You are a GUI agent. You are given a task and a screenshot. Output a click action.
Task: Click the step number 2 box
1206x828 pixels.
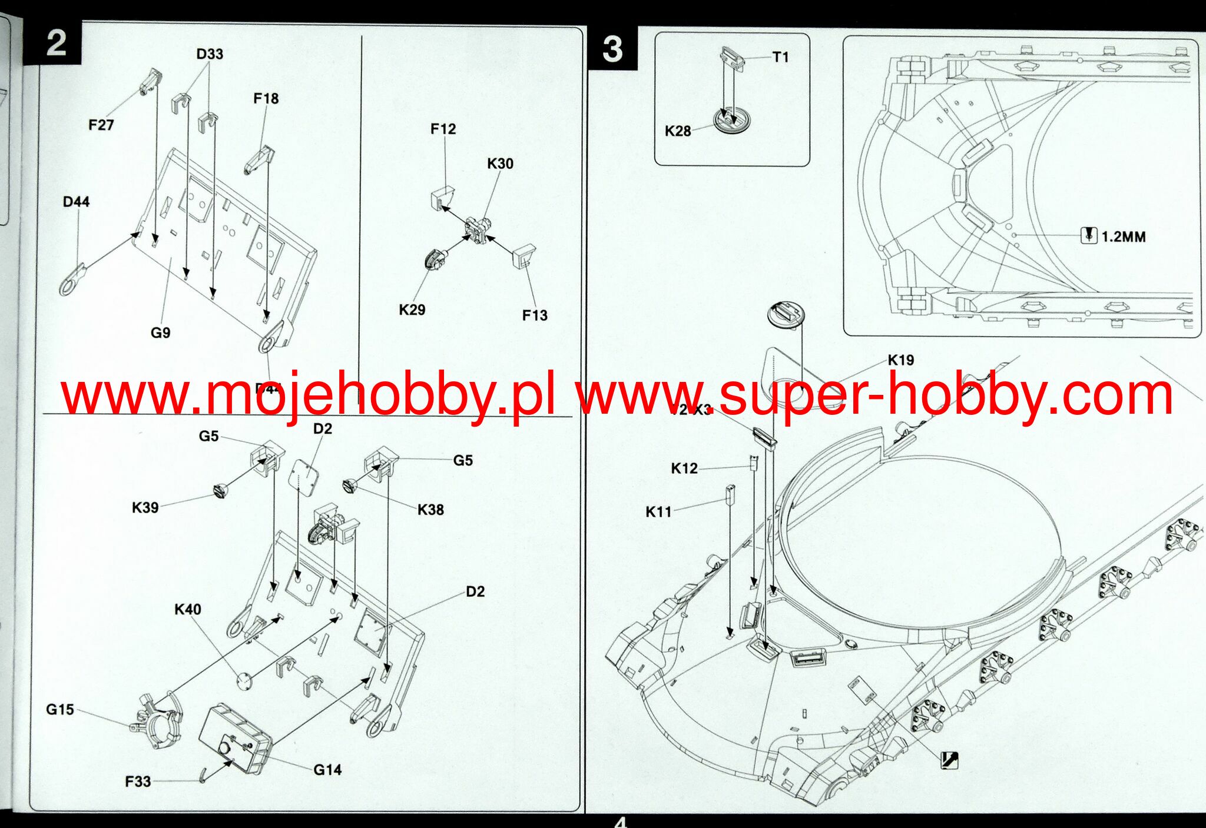click(55, 44)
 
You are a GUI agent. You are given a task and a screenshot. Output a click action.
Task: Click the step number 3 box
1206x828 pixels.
click(612, 48)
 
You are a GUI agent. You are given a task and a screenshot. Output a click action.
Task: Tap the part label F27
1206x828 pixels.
click(101, 125)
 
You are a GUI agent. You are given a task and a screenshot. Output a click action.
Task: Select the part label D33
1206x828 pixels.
click(210, 54)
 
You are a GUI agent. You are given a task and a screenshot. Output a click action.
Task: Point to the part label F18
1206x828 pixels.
click(266, 99)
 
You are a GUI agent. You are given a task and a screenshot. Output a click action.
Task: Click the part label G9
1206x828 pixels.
click(160, 333)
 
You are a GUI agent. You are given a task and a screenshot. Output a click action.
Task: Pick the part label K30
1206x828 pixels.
click(500, 164)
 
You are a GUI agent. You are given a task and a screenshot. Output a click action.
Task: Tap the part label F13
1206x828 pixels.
click(535, 315)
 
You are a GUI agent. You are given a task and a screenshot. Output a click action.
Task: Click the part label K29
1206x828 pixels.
click(412, 310)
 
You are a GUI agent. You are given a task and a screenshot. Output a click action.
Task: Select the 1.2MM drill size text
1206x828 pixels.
click(1123, 237)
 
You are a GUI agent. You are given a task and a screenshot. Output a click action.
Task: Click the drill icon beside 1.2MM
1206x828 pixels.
click(1089, 235)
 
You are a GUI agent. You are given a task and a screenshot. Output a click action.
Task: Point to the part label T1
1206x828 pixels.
click(780, 57)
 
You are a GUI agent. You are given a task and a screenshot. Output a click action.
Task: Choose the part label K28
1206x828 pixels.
click(678, 131)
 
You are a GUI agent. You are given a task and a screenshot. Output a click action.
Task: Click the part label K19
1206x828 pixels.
click(900, 360)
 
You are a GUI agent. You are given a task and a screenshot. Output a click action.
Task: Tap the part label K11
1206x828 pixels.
click(658, 512)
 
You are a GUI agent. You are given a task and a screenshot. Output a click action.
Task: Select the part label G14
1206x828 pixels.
click(327, 770)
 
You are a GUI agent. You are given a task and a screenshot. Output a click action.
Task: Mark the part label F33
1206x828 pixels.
click(138, 782)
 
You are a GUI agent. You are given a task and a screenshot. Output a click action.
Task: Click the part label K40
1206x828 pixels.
click(188, 610)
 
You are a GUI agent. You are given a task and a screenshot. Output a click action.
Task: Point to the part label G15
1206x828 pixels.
click(60, 710)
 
